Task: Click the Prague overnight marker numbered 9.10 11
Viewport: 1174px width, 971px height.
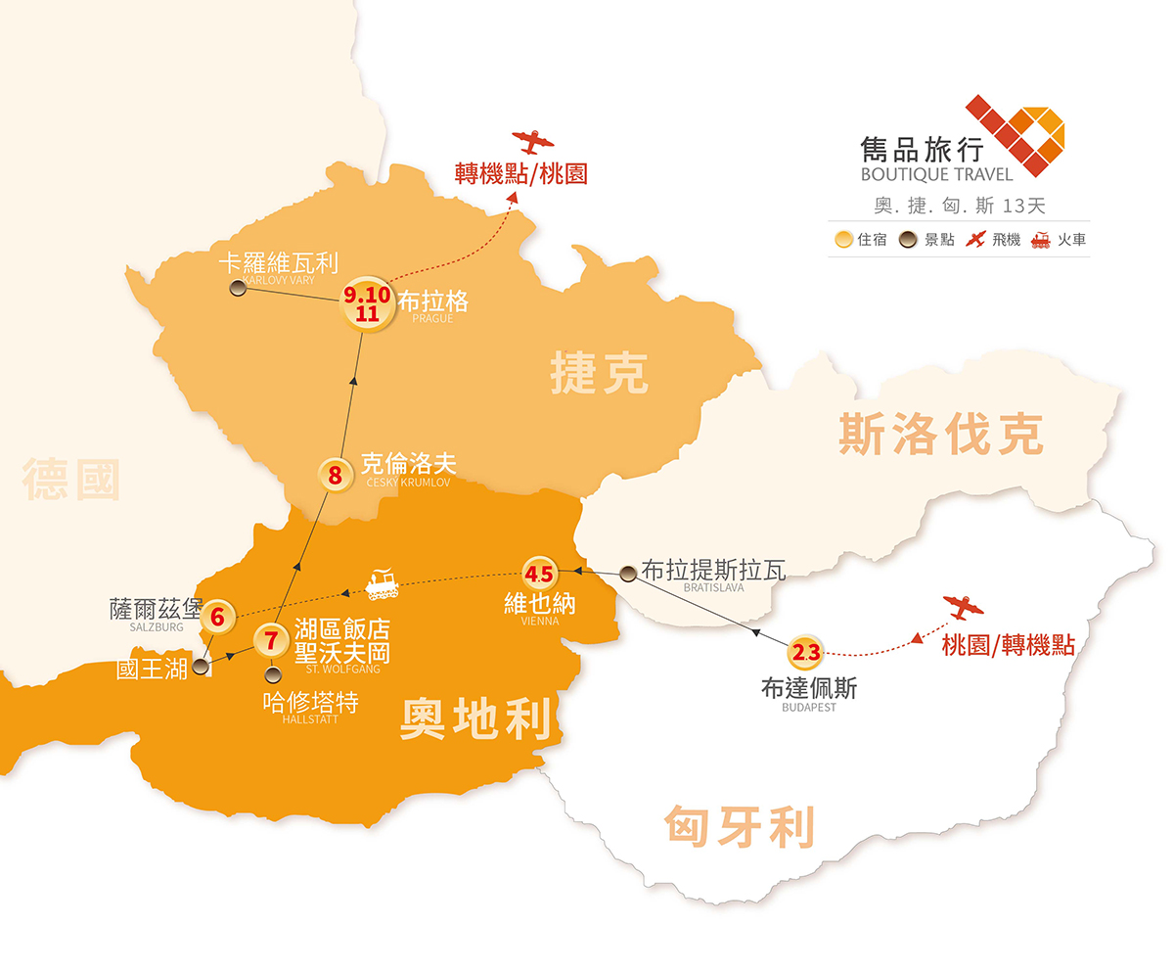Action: point(367,303)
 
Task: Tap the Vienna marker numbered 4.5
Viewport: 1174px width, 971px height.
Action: point(539,574)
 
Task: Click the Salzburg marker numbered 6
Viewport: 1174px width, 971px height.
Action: point(217,618)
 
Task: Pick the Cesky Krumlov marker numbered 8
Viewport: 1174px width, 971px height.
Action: point(336,477)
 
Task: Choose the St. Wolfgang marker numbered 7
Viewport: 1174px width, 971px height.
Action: point(271,641)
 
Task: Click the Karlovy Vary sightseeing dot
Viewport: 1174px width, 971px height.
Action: point(237,288)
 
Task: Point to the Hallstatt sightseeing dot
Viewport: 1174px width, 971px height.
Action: point(273,673)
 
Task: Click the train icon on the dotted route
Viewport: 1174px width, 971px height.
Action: point(381,583)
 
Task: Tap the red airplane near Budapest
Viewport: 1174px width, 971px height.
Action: point(963,608)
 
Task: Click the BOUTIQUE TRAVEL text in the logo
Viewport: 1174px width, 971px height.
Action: point(936,175)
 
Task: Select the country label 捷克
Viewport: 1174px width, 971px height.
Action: point(599,374)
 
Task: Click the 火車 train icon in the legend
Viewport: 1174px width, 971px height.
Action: point(1040,239)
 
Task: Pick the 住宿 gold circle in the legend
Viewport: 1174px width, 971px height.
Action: point(843,239)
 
